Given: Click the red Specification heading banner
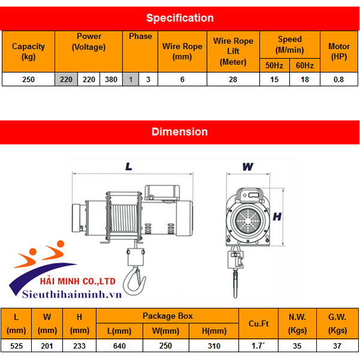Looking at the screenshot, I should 180,18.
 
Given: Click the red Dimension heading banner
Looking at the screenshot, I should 180,132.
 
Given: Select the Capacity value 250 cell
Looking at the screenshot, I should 28,79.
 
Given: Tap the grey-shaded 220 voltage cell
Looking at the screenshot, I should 66,79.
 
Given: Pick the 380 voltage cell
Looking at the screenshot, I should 111,79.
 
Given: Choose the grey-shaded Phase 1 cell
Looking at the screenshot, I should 131,79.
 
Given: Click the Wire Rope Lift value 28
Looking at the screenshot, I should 233,79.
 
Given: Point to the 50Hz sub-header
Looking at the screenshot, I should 274,65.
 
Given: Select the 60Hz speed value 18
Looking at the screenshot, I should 305,79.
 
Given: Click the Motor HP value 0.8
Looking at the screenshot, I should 339,79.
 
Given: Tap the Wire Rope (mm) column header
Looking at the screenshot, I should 182,51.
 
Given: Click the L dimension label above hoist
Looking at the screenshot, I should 128,167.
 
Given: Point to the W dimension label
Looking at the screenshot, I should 247,166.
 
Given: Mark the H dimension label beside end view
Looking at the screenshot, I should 277,217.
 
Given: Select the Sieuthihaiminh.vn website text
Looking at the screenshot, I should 71,294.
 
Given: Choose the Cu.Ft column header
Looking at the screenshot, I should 258,323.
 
